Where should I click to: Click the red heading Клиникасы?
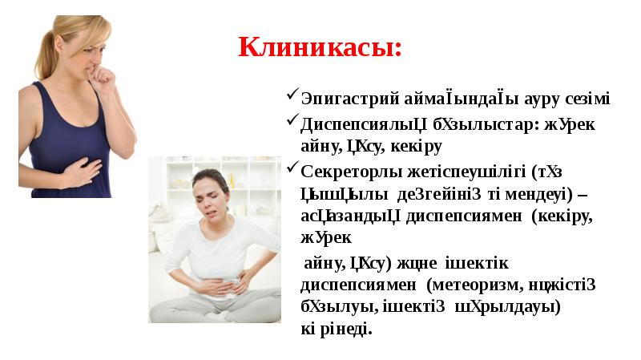click(320, 47)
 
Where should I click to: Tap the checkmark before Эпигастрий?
click(292, 97)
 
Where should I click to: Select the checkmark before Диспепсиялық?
click(292, 123)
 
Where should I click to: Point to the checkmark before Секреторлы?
click(292, 169)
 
